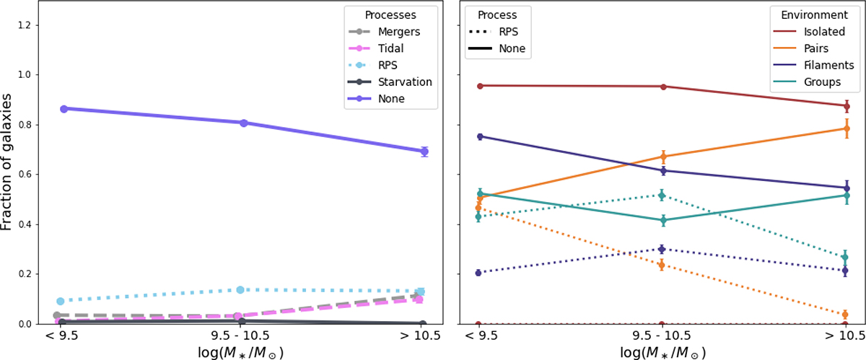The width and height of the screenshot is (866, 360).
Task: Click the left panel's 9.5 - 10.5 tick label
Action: tap(243, 336)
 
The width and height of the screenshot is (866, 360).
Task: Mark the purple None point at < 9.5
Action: tap(64, 109)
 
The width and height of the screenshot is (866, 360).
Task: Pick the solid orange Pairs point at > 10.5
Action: tap(847, 128)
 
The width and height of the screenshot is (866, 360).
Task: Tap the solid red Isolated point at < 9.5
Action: tap(478, 86)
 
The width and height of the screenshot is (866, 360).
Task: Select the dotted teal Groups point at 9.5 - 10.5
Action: tap(662, 196)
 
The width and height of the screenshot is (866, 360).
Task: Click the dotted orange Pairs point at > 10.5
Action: tap(847, 315)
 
